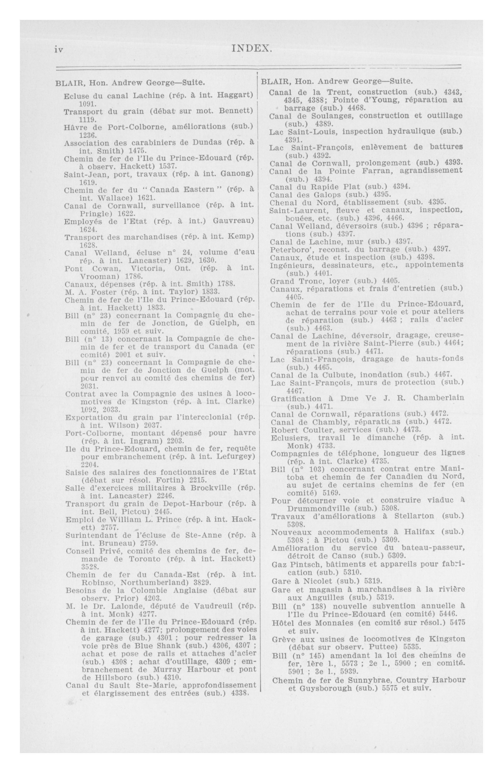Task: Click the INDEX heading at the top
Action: click(252, 49)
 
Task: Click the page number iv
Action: click(59, 50)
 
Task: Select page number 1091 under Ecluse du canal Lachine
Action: click(86, 104)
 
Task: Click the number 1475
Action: click(138, 151)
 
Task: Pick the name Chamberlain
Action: click(439, 398)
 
